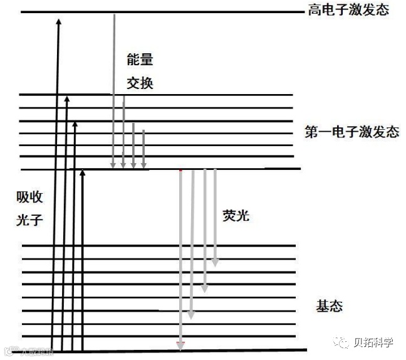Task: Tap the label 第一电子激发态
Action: [x=351, y=132]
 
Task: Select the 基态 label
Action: [x=330, y=307]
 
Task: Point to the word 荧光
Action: [x=236, y=215]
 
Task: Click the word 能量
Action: [x=139, y=61]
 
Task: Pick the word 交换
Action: [x=139, y=83]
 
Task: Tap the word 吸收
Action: [x=29, y=197]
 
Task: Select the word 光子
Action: [x=29, y=219]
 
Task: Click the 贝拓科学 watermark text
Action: [x=373, y=342]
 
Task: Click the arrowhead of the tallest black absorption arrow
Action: [x=58, y=22]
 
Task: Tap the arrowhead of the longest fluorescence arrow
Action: [x=181, y=344]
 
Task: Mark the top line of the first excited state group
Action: [x=157, y=95]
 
